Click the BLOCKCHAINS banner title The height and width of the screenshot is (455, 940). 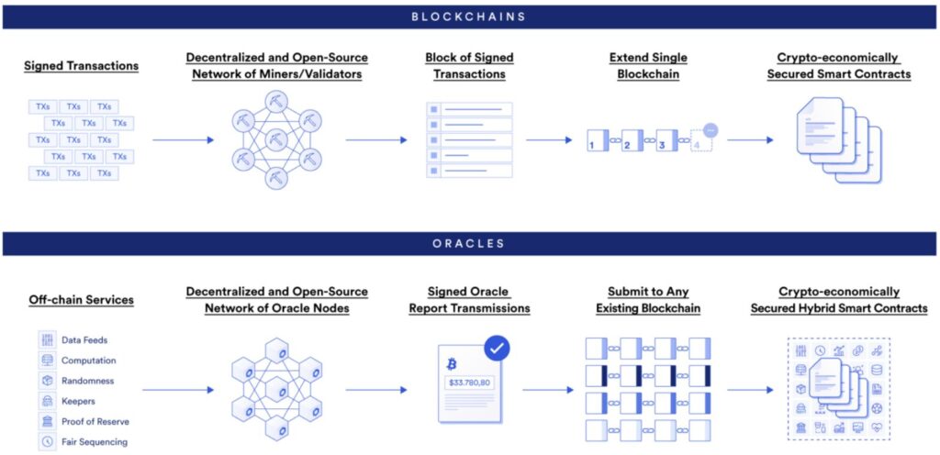tap(469, 16)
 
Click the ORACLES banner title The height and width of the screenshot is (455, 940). tap(469, 243)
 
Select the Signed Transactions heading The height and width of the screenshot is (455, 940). tap(82, 66)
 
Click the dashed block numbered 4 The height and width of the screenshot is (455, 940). tap(700, 142)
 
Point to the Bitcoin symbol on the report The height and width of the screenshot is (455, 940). tap(452, 363)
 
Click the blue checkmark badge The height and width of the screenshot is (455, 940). tap(497, 348)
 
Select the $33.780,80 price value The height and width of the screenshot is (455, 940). tap(469, 382)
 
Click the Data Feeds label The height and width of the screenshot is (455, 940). tap(84, 340)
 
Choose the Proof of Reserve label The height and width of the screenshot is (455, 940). tap(95, 421)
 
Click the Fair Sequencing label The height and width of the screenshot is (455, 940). tap(95, 441)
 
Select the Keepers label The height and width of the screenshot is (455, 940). tap(78, 401)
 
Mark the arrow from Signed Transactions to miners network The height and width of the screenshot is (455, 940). tap(184, 140)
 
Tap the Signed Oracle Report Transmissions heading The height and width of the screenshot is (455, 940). tap(469, 300)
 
